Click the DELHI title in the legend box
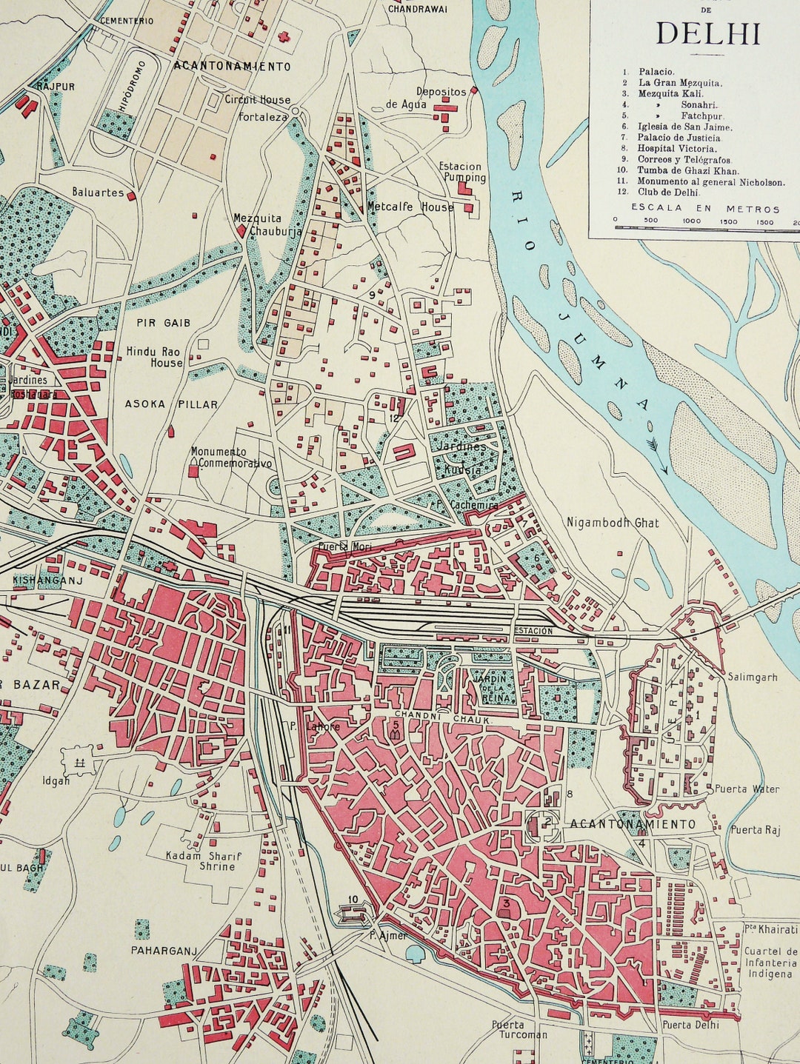tap(708, 33)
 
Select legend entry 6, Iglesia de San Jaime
tap(684, 127)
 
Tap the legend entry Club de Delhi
tap(668, 193)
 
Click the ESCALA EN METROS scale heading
tap(705, 209)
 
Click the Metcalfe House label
tap(410, 207)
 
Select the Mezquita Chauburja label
tap(257, 224)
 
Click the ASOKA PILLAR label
tap(171, 404)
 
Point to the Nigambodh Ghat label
tap(612, 523)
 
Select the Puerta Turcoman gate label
tap(519, 1029)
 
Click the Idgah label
tap(56, 780)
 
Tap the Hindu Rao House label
tap(154, 357)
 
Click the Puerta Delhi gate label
tap(690, 1025)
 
